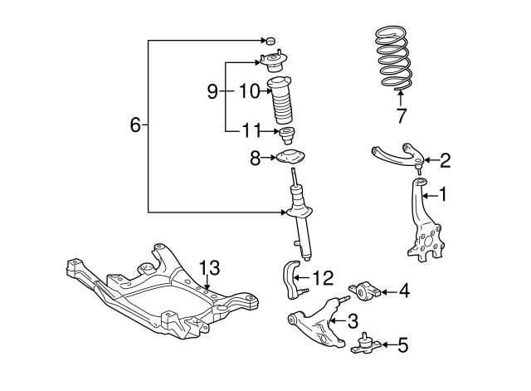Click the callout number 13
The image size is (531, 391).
click(211, 267)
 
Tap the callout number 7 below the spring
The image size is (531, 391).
click(401, 114)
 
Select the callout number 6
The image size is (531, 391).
click(135, 125)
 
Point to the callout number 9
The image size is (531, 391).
click(212, 90)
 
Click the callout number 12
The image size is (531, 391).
click(324, 278)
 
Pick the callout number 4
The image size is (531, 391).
click(403, 291)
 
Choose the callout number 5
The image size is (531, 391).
click(402, 344)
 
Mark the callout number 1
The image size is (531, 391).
click(443, 195)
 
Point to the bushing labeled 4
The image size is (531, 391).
click(367, 291)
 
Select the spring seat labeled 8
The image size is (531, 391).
click(292, 158)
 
